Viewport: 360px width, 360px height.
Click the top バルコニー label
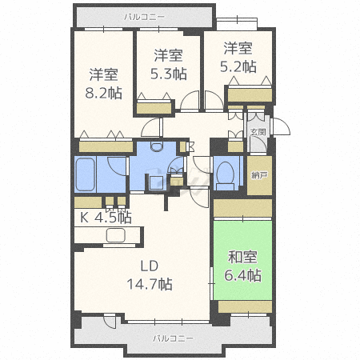tap(145, 15)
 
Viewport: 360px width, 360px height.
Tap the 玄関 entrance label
tap(258, 131)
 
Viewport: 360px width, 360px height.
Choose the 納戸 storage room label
tap(258, 175)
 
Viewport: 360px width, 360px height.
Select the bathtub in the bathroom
tap(89, 174)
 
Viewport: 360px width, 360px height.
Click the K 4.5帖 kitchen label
tap(104, 217)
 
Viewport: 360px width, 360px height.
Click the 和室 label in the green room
tap(242, 258)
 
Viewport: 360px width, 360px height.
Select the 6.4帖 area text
tap(242, 275)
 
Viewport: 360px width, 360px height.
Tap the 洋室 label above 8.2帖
tap(105, 74)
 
